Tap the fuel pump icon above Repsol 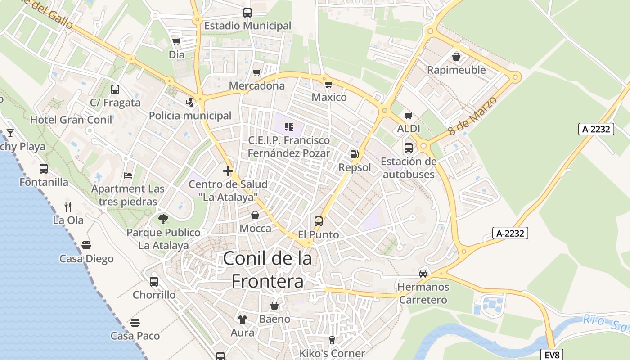(x=355, y=154)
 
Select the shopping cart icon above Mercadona (x=256, y=72)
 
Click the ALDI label (x=408, y=129)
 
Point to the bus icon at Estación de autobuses (x=409, y=148)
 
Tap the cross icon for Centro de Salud (x=228, y=171)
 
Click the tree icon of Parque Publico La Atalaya (x=163, y=219)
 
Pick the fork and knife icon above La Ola (x=68, y=207)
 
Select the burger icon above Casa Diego (x=86, y=245)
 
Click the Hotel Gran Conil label (x=71, y=120)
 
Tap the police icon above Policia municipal (x=190, y=103)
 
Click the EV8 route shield (x=552, y=355)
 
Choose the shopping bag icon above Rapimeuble (x=456, y=57)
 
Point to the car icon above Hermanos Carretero (x=423, y=273)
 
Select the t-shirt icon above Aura (x=243, y=319)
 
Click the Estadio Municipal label (x=247, y=26)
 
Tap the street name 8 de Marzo (x=472, y=116)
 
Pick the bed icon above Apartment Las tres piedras (x=128, y=175)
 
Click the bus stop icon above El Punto (x=319, y=221)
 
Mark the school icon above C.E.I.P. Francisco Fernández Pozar (x=288, y=127)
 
